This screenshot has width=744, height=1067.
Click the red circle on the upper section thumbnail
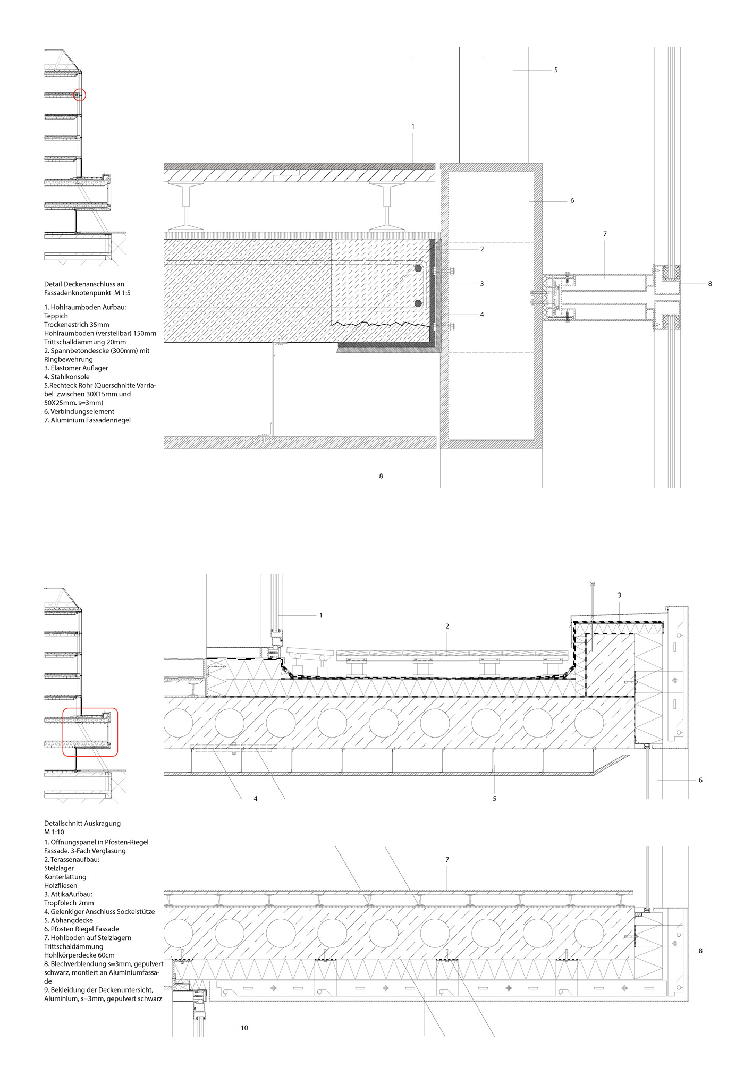[80, 89]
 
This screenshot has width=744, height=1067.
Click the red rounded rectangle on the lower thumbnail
[63, 732]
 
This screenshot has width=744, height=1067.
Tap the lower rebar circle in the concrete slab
[418, 303]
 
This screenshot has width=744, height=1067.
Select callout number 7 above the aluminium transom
[605, 234]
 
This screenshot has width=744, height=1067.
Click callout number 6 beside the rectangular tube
[572, 201]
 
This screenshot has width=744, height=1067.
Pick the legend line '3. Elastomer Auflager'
[76, 368]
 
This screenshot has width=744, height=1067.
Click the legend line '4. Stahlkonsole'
[67, 377]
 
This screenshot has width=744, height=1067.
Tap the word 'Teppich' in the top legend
[56, 316]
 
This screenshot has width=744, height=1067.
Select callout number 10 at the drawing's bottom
[244, 1028]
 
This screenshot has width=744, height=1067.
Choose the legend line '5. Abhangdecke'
[69, 920]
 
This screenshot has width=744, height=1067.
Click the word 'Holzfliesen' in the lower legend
[61, 885]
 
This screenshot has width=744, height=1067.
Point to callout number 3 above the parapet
[619, 595]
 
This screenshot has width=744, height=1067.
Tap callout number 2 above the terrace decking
[447, 626]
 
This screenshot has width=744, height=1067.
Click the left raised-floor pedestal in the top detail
[187, 207]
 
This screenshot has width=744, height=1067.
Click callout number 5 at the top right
[556, 70]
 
